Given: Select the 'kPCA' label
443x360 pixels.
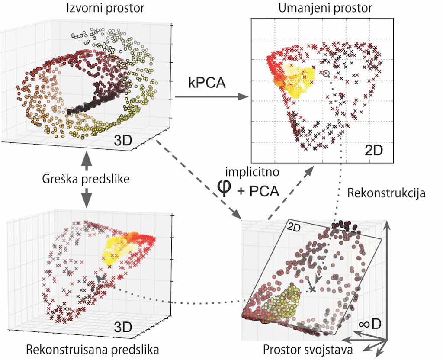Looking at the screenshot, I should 207,82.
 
